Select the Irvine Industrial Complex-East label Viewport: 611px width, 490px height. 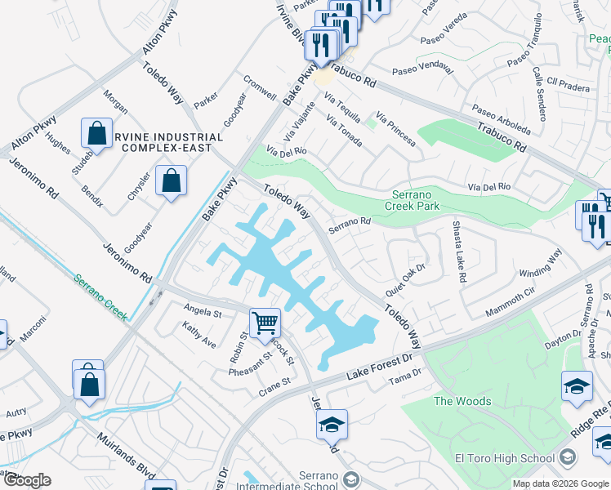[x=172, y=142]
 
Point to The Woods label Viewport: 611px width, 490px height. [x=462, y=401]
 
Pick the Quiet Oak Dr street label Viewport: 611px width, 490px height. [x=405, y=277]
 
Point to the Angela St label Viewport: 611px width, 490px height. [x=203, y=311]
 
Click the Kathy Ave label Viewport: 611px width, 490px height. [x=199, y=333]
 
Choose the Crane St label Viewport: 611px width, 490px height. [x=274, y=383]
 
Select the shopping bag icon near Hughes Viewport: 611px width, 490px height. [x=96, y=133]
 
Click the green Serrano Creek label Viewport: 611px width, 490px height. [x=100, y=297]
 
